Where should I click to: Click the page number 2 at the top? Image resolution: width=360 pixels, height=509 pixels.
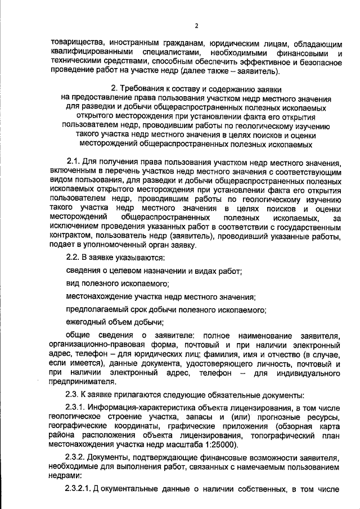tap(196, 25)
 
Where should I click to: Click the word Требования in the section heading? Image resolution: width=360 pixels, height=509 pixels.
tap(146, 89)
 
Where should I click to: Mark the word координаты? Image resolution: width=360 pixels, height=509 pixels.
tap(137, 427)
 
